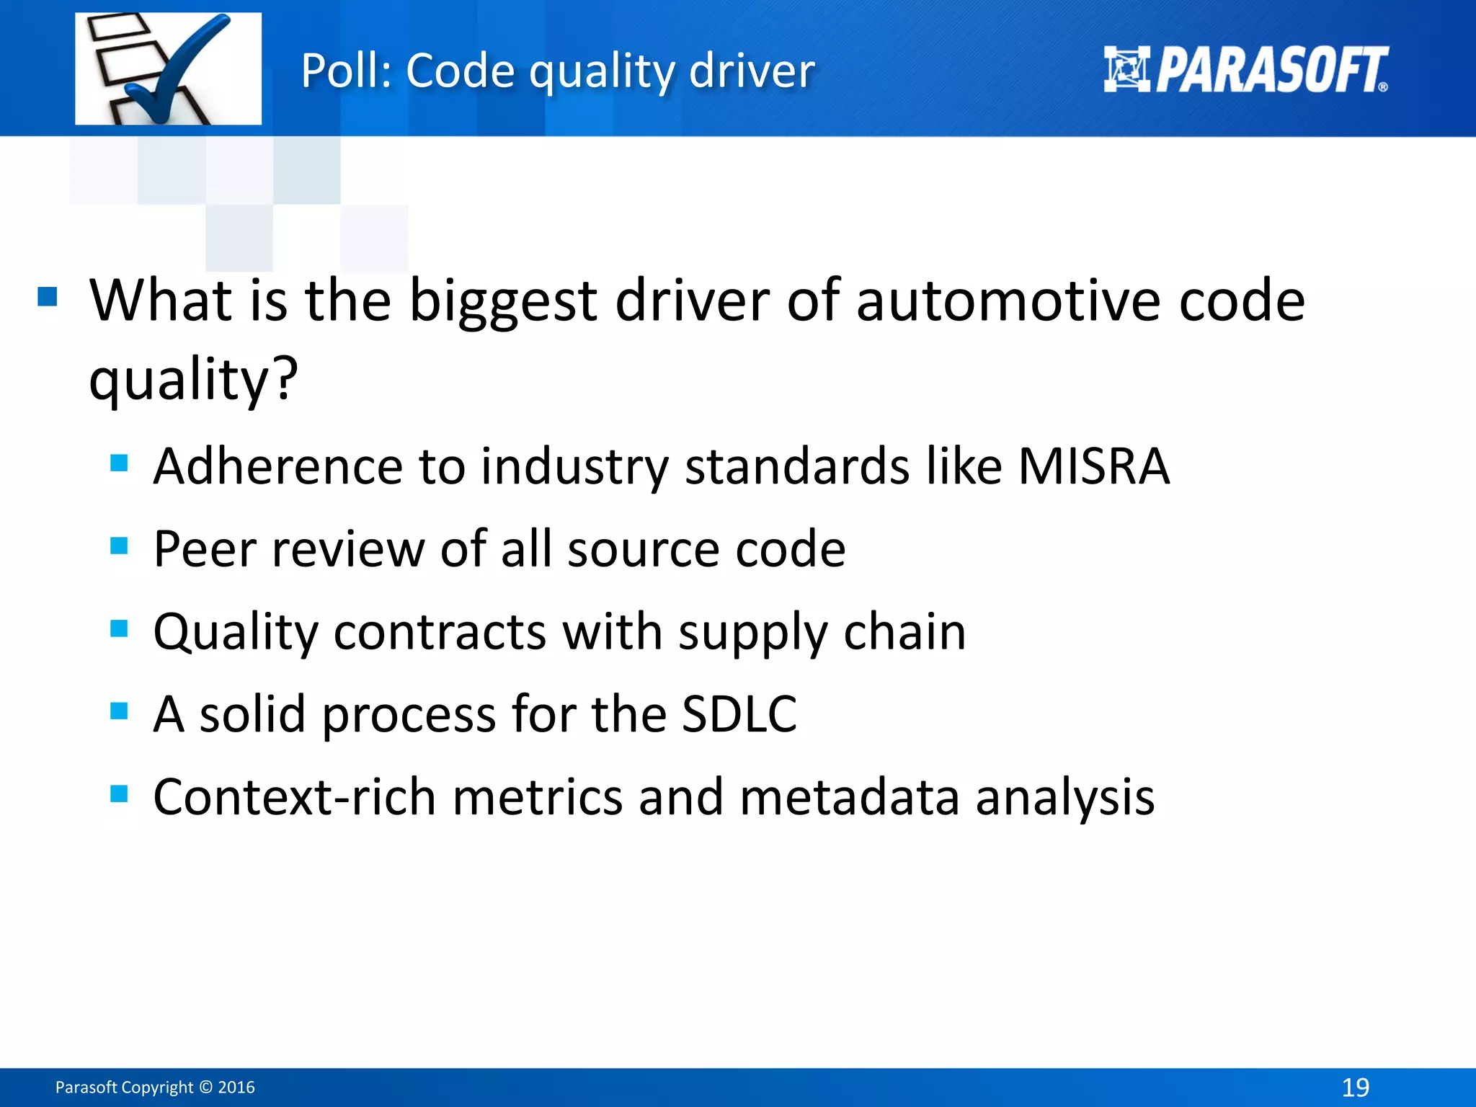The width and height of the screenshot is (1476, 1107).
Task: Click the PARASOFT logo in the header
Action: click(1245, 70)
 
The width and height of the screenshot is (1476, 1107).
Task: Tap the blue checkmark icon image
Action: click(169, 69)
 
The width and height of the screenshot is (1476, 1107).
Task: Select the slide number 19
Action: click(1355, 1087)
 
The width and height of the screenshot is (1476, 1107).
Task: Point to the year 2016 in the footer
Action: click(236, 1088)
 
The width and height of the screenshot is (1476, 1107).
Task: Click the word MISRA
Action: click(1093, 466)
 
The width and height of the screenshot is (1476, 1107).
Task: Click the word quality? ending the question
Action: click(193, 379)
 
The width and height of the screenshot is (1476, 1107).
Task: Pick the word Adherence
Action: click(277, 466)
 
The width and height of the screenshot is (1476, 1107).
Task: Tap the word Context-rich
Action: click(295, 797)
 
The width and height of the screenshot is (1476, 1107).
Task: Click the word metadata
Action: click(849, 797)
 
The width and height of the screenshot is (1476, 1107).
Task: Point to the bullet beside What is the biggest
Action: click(48, 296)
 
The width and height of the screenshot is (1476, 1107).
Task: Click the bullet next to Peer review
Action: click(119, 546)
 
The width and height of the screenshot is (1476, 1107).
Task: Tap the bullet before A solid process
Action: click(119, 711)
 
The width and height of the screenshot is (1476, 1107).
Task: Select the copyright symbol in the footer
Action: click(205, 1088)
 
